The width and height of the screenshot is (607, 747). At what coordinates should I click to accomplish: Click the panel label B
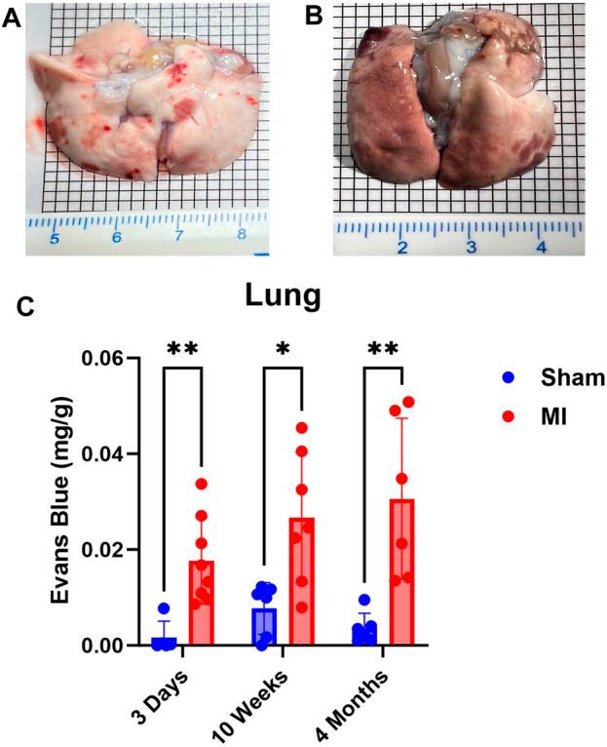point(314,18)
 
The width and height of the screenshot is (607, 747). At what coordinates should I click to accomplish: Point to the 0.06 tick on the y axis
point(107,359)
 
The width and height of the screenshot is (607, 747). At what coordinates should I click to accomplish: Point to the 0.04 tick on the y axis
point(107,454)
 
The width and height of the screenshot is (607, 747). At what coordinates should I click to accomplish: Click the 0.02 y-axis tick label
point(107,550)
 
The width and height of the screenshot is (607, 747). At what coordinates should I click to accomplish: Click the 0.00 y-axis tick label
point(107,646)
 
